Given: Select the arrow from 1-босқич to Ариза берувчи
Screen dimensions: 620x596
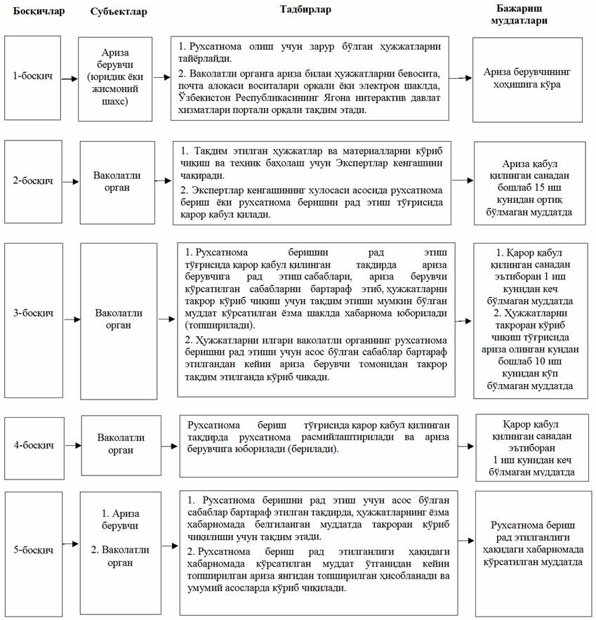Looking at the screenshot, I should (69, 79).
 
